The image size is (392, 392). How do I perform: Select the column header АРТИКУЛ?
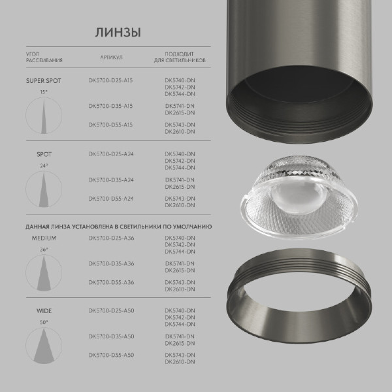[111, 57]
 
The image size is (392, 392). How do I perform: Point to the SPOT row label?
[44, 155]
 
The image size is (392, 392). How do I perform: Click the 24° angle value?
[44, 165]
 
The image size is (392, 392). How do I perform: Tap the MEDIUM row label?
[44, 238]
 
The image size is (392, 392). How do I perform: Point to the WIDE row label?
[44, 312]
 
